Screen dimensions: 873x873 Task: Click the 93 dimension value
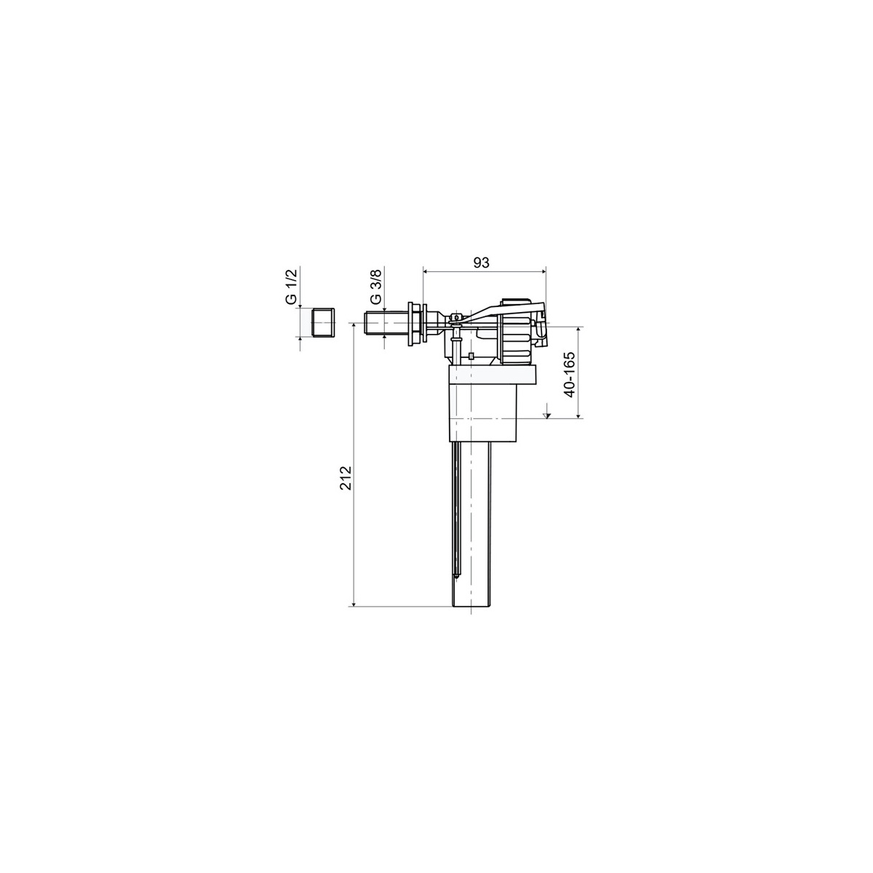click(x=482, y=263)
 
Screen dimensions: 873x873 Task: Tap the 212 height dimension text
click(x=346, y=477)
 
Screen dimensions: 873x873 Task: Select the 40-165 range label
click(x=570, y=374)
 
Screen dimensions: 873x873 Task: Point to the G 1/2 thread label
click(x=291, y=287)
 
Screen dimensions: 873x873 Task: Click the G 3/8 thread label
click(x=375, y=287)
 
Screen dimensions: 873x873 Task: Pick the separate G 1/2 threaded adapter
click(x=324, y=322)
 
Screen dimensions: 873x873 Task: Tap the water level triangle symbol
click(x=547, y=415)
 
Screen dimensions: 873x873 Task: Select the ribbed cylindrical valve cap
click(x=517, y=332)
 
